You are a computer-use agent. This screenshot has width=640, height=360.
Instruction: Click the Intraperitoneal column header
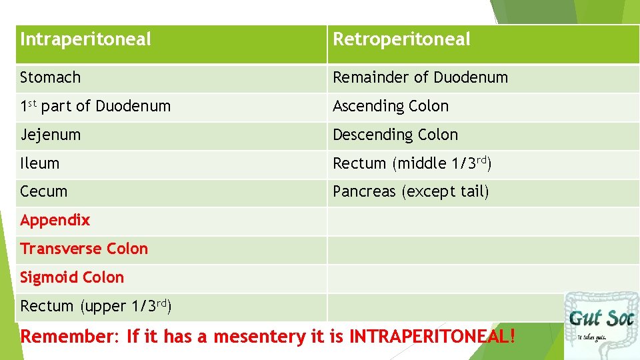point(86,40)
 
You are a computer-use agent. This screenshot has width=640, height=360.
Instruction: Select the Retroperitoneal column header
point(401,40)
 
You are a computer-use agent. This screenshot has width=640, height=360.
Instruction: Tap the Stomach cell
point(51,78)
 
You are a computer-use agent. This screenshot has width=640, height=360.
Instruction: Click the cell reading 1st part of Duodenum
point(95,107)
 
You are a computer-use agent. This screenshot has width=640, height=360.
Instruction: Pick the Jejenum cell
point(51,135)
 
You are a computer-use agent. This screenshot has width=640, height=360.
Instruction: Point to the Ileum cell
point(40,163)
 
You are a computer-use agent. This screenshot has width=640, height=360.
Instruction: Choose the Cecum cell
point(44,192)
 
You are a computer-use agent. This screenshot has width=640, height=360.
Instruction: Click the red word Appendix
point(55,220)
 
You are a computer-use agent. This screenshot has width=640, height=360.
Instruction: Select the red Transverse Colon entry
point(84,249)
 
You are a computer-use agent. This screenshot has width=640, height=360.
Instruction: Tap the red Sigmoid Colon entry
point(72,277)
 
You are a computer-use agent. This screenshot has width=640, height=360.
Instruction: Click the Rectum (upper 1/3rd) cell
point(96,306)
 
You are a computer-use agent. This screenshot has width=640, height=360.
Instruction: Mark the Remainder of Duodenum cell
point(420,78)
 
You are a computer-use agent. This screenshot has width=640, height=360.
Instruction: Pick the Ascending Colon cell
point(391,107)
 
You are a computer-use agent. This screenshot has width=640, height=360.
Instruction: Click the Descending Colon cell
point(395,135)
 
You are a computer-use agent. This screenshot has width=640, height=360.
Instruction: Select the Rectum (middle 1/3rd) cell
point(412,163)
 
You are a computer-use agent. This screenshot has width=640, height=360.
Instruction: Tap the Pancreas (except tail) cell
point(411,192)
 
